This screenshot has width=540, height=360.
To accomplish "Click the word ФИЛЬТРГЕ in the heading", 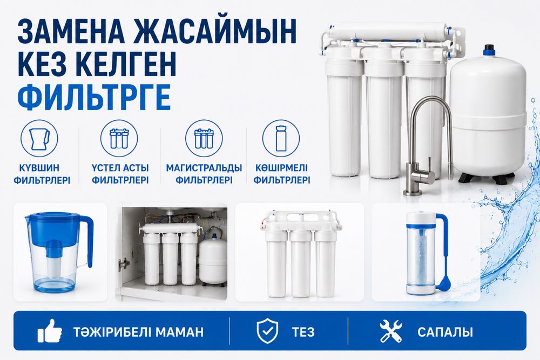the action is click(94, 97).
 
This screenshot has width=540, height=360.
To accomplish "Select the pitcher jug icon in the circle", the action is click(39, 138).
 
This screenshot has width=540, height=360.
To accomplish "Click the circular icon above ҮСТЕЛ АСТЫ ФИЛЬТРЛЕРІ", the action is click(119, 138).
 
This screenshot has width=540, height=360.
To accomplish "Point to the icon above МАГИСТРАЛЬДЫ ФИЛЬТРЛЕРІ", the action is click(204, 138).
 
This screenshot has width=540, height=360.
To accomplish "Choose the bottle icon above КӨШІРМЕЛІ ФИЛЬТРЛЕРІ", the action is click(281, 138).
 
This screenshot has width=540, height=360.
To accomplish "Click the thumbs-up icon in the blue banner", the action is click(50, 331).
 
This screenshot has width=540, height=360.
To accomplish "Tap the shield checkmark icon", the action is click(268, 331).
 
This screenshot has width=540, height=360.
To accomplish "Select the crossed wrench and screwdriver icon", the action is click(391, 331).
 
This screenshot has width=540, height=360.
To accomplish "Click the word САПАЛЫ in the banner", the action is click(446, 332).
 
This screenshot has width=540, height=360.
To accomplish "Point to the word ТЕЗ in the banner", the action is click(303, 332).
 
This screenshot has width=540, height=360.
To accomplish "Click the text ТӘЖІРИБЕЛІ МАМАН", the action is click(138, 332).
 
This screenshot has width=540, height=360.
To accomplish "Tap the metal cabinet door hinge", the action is click(123, 264).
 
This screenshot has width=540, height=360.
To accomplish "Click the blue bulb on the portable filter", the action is click(443, 283).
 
